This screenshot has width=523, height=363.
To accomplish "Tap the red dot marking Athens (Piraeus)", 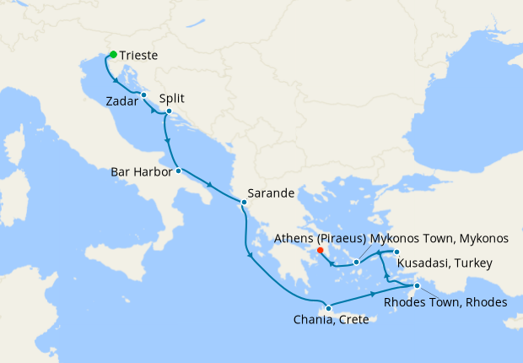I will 320,249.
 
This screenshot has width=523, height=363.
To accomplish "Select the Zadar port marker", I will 143,95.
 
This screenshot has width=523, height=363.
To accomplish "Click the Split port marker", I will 169,111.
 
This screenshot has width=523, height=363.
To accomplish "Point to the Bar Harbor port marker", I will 178,171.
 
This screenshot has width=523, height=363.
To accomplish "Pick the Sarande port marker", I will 244,202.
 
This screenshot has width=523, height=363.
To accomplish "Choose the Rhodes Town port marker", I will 417,285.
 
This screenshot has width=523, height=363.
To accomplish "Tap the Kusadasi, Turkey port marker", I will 396,252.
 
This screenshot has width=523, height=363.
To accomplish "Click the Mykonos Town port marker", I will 357,262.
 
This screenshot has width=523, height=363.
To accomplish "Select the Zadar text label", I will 123,102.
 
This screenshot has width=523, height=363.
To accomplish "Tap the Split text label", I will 171,98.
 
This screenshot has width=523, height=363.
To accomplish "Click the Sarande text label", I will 270,192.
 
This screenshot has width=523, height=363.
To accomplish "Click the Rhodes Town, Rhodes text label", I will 445,301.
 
